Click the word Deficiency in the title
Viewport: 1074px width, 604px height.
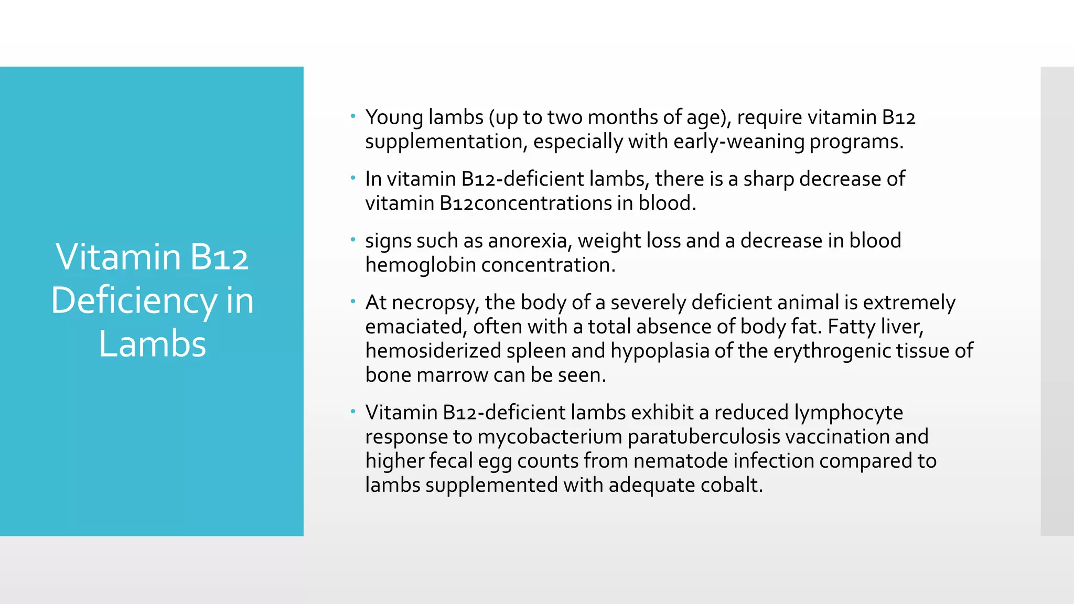(133, 300)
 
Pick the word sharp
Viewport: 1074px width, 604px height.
(768, 179)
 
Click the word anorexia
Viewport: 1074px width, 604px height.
(530, 241)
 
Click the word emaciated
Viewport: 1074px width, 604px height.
(415, 327)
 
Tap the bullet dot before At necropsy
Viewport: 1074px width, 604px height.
(353, 301)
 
